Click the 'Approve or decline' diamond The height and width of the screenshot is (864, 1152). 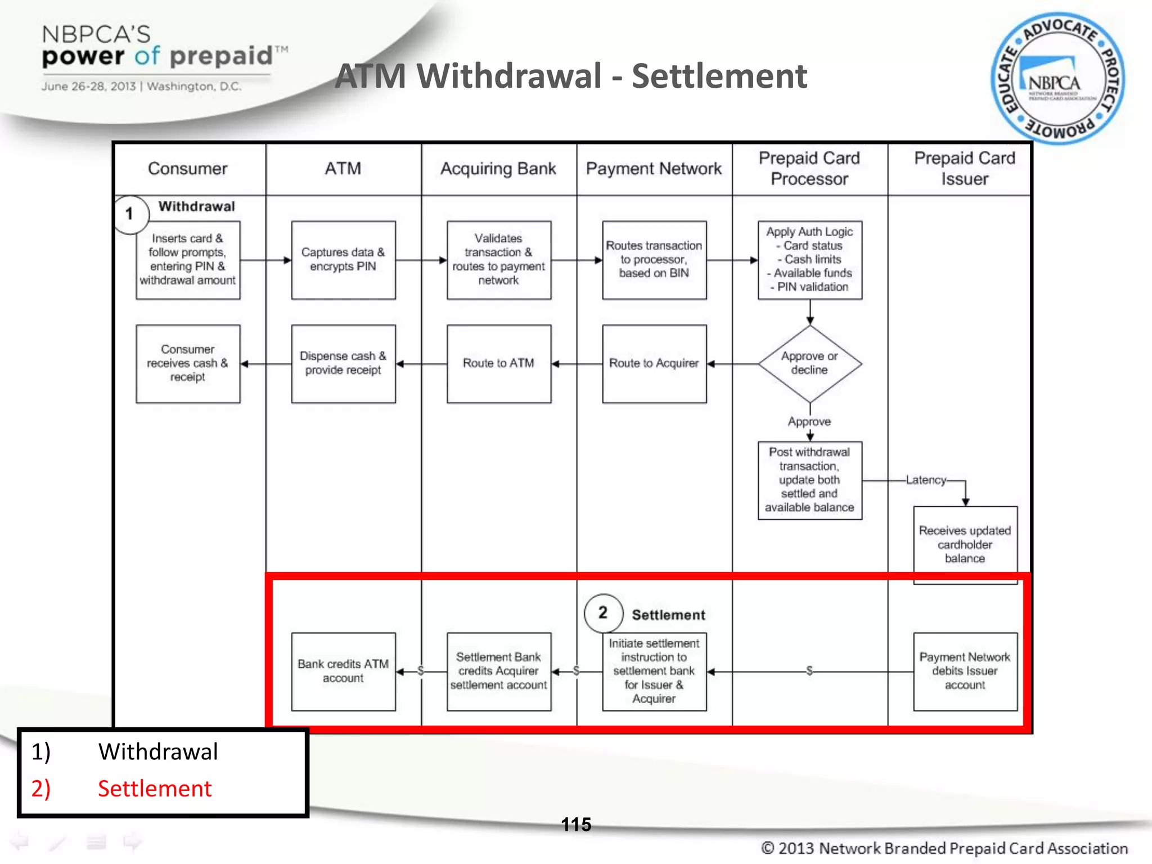pos(809,363)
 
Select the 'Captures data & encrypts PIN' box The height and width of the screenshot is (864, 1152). pos(343,260)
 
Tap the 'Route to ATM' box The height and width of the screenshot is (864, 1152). pos(498,363)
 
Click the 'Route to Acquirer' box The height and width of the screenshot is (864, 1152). pos(654,363)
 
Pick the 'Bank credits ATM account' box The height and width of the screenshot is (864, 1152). pos(343,671)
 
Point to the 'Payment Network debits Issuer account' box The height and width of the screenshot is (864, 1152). pos(965,671)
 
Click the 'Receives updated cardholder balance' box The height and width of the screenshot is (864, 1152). pos(965,544)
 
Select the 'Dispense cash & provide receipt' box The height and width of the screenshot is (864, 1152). pos(343,363)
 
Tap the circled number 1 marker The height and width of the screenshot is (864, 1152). pos(130,214)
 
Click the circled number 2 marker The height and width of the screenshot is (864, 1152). pos(603,613)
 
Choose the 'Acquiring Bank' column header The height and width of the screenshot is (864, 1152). pos(498,169)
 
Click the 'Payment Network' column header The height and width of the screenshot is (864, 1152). pos(654,169)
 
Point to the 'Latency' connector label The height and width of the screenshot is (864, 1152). pos(926,480)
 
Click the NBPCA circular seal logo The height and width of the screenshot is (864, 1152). pos(1057,79)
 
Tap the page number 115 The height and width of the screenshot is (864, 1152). pos(576,825)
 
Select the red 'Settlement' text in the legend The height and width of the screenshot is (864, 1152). pos(155,789)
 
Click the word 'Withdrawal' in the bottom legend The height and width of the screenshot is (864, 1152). pos(158,752)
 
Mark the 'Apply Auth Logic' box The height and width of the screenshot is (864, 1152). pos(809,260)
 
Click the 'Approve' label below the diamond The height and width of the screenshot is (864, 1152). pos(809,421)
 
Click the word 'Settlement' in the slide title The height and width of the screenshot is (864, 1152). pos(719,76)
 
